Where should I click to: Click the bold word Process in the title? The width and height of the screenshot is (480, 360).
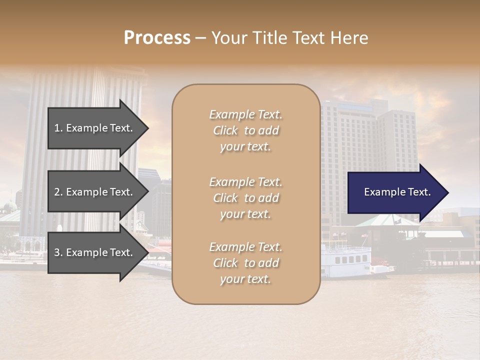pos(157,38)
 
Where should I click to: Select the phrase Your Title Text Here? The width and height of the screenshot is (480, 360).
pos(290,38)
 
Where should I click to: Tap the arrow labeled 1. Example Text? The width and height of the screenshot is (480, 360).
pos(95,128)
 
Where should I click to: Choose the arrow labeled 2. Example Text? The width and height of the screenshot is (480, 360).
pos(95,192)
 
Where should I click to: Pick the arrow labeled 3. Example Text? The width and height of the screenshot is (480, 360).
pos(95,253)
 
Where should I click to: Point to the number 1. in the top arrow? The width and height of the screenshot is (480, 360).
pos(58,128)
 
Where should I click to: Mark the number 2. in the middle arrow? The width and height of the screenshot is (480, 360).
pos(58,192)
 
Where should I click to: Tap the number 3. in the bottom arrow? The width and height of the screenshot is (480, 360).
pos(58,253)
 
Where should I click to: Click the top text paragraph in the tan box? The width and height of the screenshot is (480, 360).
pos(245,130)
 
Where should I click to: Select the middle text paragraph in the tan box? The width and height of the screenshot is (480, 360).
pos(245,198)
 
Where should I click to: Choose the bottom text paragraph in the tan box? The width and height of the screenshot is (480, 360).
pos(245,263)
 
